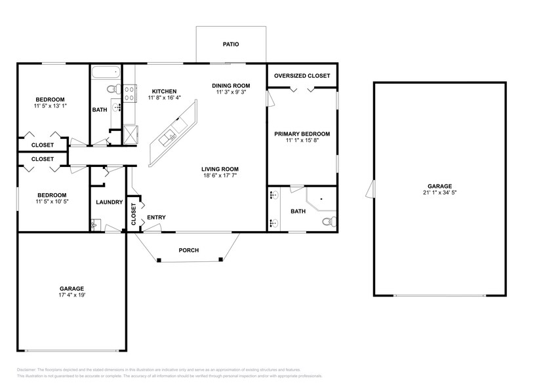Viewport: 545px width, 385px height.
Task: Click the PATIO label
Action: click(230, 45)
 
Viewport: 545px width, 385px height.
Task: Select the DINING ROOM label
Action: click(232, 85)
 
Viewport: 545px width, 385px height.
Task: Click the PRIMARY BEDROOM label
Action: click(302, 134)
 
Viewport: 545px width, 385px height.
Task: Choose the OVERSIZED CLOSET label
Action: click(302, 76)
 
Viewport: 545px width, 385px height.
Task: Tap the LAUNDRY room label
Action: click(109, 202)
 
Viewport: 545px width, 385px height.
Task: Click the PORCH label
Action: click(188, 250)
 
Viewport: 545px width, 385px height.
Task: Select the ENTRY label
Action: click(156, 217)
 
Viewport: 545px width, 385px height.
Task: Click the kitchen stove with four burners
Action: click(129, 93)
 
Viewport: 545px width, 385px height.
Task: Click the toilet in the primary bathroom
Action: click(329, 221)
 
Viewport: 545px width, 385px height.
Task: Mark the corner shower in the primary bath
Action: click(321, 200)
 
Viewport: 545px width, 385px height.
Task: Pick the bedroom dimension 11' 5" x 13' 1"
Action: click(50, 105)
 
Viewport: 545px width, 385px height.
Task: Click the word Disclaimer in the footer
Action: click(26, 369)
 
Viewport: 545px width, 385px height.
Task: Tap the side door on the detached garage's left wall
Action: click(371, 190)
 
